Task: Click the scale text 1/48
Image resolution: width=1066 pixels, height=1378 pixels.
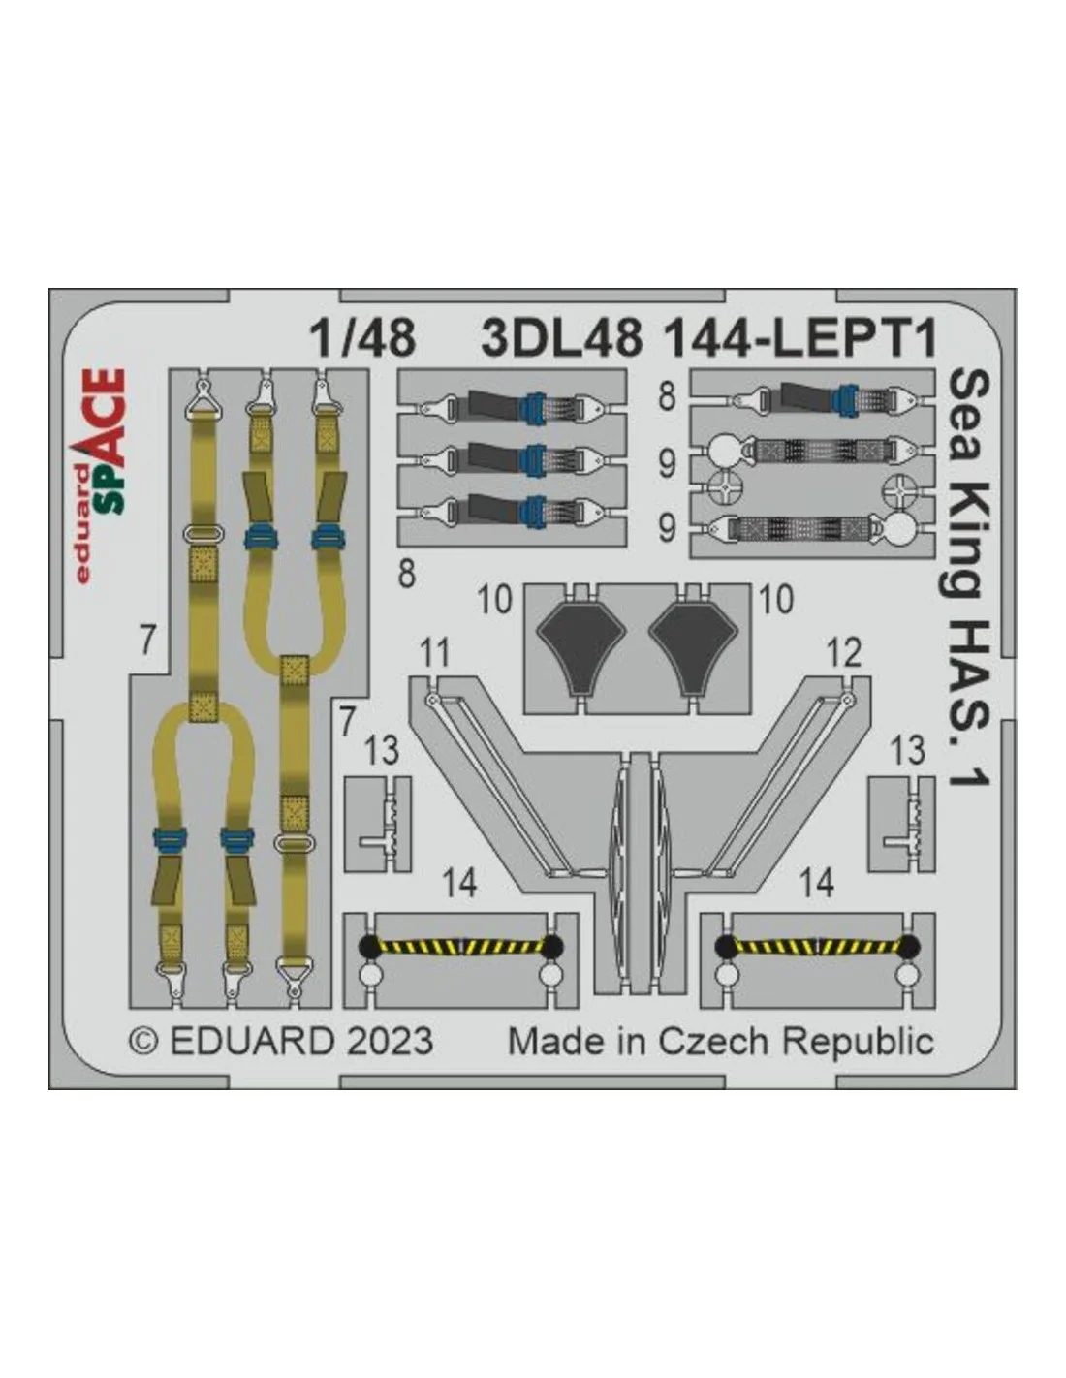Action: tap(362, 338)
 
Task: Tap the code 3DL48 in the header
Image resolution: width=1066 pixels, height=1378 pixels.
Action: tap(562, 338)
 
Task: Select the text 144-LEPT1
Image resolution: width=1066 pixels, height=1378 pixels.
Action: tap(800, 338)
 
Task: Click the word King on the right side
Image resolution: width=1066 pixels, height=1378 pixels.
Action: tap(968, 545)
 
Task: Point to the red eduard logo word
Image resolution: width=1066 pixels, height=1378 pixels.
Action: tap(83, 524)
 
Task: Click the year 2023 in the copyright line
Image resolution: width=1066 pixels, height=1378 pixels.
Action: tap(390, 1042)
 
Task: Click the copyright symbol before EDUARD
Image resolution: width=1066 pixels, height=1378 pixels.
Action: tap(145, 1042)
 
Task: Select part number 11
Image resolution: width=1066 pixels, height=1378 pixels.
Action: tap(435, 654)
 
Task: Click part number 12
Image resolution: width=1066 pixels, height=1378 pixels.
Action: tap(844, 654)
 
